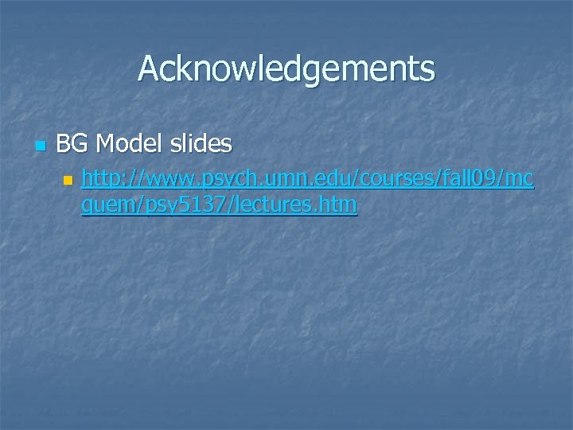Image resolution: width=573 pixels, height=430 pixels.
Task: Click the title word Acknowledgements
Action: tap(286, 68)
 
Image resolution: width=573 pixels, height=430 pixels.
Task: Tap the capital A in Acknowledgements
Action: tap(149, 68)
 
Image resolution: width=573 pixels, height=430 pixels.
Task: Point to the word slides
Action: tap(200, 144)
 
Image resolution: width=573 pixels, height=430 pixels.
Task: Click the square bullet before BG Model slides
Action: tap(41, 146)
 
